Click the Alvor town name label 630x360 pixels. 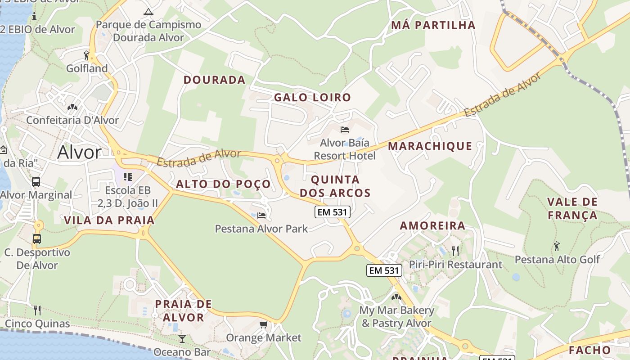(x=79, y=153)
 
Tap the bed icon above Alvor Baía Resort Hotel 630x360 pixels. (x=345, y=130)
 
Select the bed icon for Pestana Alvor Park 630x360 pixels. (x=261, y=216)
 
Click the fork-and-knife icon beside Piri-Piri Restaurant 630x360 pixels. (x=455, y=251)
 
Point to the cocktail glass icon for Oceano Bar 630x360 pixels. (x=182, y=338)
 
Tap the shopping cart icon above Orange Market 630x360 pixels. (x=264, y=324)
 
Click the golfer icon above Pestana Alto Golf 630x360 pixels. (x=557, y=246)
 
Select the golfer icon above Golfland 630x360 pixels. (x=86, y=55)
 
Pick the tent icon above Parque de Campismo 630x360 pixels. (x=148, y=12)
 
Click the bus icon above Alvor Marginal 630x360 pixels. (x=36, y=182)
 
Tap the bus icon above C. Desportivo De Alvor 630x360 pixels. (x=37, y=239)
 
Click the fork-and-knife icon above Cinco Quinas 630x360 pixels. (x=37, y=310)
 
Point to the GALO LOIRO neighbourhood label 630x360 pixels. (x=312, y=97)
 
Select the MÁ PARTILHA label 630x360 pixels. (x=433, y=25)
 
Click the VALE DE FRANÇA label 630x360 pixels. (x=572, y=208)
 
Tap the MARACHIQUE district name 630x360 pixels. (x=430, y=146)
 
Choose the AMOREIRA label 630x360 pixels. (x=432, y=225)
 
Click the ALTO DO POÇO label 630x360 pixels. (x=223, y=184)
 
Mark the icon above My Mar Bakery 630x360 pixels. (x=396, y=297)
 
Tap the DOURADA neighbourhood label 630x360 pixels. (x=214, y=80)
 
